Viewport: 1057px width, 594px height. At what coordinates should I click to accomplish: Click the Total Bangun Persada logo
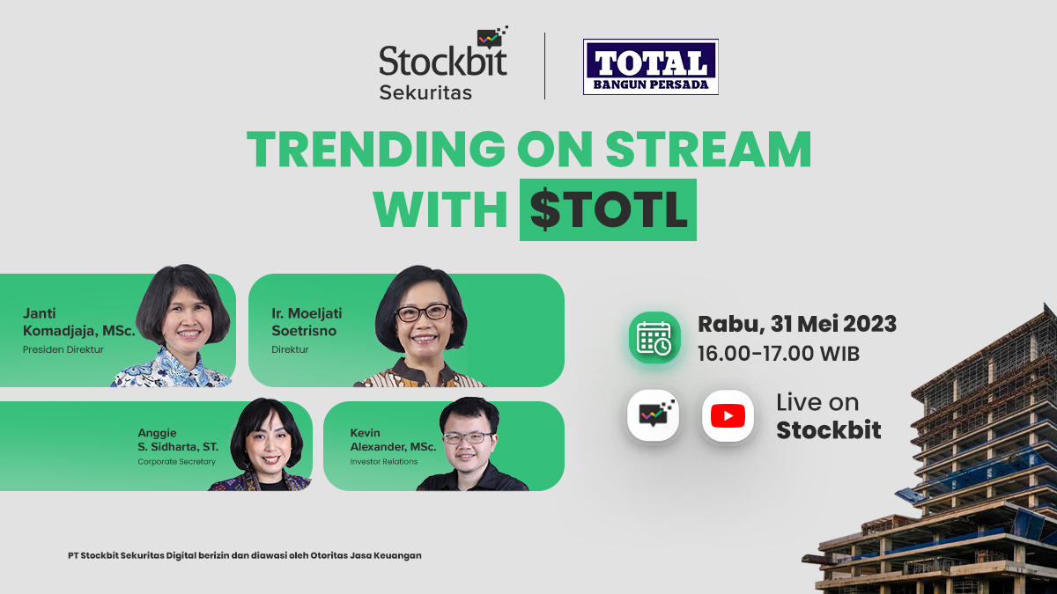coord(651,67)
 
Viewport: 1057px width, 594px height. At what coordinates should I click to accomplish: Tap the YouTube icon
coord(728,415)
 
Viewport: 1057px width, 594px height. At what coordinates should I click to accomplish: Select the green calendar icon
coord(654,338)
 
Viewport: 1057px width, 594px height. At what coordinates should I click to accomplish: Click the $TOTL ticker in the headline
coord(608,209)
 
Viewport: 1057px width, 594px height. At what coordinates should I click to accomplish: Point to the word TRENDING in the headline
coord(376,149)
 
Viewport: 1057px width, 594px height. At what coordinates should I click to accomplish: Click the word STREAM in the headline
coord(709,149)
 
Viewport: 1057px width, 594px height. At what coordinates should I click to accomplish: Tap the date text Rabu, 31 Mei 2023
coord(797,324)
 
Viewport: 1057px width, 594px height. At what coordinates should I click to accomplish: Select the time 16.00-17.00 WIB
coord(779,354)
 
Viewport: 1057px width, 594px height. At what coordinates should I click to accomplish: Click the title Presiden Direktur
coord(63,350)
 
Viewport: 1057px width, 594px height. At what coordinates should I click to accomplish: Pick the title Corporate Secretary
coord(176,461)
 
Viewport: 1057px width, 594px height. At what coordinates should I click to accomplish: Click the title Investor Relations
coord(384,461)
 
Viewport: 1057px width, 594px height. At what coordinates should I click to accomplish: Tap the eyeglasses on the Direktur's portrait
coord(423,312)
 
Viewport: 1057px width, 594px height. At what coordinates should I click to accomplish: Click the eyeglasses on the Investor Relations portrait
coord(467,437)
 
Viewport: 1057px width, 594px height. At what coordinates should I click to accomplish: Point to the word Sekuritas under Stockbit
coord(425,93)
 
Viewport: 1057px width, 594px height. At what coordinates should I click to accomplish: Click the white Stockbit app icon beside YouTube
coord(653,415)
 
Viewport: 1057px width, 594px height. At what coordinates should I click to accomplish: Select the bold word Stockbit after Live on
coord(829,430)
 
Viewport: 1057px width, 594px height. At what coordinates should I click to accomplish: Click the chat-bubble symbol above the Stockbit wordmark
coord(492,37)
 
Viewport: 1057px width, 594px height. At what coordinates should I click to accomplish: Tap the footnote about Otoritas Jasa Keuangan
coord(245,555)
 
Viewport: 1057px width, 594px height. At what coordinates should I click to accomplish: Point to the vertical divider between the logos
coord(545,66)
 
